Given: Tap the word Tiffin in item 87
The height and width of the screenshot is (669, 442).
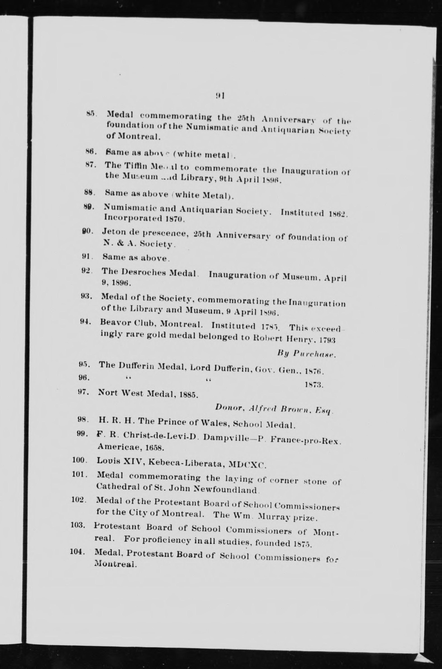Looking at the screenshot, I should (x=136, y=166).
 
